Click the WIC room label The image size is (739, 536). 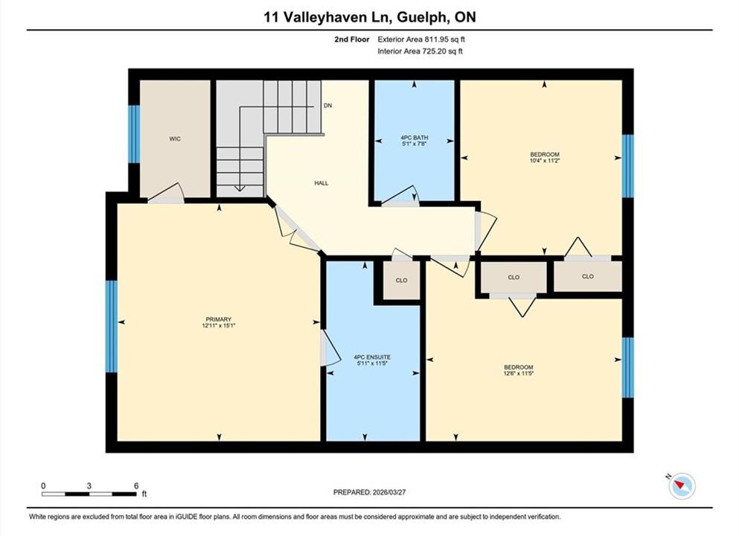tap(175, 139)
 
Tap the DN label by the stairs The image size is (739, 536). tap(327, 106)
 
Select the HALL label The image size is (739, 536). tap(321, 183)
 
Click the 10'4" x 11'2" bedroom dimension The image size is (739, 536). tap(545, 160)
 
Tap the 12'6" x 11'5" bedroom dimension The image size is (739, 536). tap(519, 373)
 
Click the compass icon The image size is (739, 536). tap(682, 485)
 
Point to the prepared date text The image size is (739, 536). tap(369, 492)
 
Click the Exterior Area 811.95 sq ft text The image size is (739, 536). tap(421, 39)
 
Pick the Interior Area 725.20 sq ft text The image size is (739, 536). tap(420, 51)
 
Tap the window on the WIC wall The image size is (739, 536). tap(134, 134)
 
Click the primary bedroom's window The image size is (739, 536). tap(111, 326)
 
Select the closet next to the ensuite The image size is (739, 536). tap(402, 280)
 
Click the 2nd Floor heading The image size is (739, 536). tap(352, 39)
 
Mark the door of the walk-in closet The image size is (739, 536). tap(165, 194)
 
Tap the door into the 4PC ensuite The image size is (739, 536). tap(329, 348)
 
